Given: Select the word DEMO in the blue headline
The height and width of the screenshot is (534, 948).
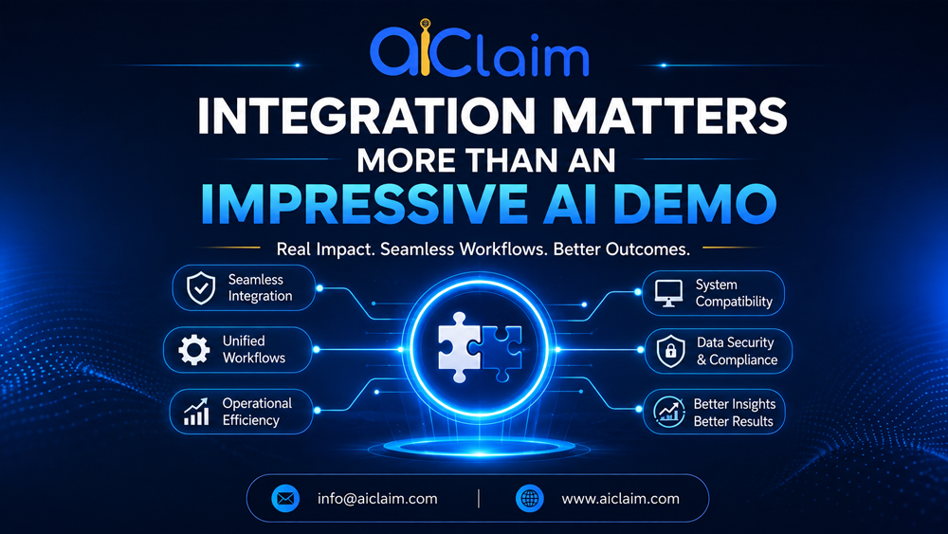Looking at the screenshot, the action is click(x=695, y=204).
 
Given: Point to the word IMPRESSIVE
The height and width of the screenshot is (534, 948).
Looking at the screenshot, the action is click(x=364, y=204).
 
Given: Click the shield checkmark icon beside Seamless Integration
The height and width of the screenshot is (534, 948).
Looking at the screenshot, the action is click(x=201, y=287).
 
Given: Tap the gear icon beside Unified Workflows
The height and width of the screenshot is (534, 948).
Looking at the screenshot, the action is click(x=194, y=350).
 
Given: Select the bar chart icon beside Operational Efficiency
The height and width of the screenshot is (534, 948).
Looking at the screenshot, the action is click(x=196, y=412).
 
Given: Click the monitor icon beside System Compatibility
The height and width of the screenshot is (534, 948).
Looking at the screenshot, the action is click(x=668, y=293).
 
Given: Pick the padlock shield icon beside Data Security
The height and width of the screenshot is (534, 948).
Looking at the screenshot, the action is click(x=670, y=351).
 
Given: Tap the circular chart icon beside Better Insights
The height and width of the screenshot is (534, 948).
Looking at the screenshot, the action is click(x=668, y=412).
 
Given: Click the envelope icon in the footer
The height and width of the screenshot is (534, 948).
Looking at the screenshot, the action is click(x=285, y=499).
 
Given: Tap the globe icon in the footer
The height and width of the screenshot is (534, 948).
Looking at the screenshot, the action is click(x=530, y=499).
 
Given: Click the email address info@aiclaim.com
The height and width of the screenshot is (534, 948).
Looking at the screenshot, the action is click(x=377, y=499).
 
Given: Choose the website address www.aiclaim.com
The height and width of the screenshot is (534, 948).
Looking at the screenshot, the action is click(x=620, y=499).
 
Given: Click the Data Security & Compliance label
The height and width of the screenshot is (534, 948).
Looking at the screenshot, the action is click(x=737, y=351).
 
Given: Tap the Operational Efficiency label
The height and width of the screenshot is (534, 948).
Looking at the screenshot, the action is click(x=257, y=412).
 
